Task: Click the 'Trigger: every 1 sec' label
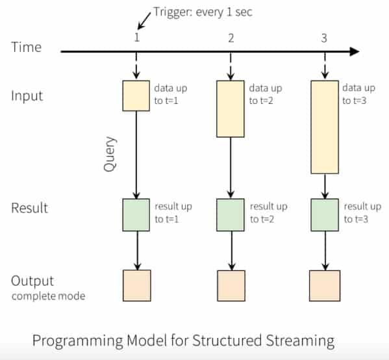203,12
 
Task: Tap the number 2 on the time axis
231,38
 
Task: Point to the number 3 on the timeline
324,38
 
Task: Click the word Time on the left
26,47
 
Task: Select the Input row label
27,96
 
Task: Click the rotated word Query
110,154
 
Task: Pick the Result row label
29,208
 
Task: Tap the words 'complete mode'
48,296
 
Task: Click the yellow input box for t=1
136,96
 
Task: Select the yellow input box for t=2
231,109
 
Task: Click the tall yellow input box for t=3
325,127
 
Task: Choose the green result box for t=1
136,215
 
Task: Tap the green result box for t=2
231,215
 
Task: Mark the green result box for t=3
325,215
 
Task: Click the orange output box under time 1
137,286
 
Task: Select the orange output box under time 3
325,286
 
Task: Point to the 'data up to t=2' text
266,94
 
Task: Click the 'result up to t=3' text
362,212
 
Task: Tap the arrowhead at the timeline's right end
355,51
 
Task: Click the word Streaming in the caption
300,341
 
